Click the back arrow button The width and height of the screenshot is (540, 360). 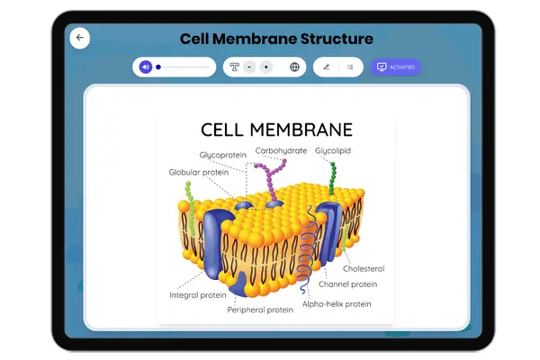point(80,38)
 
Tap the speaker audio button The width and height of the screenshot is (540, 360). point(146,67)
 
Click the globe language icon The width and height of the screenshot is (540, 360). point(294,67)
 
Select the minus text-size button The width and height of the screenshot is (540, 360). point(249,67)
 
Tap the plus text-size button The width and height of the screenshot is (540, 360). point(265,67)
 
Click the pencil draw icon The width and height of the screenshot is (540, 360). point(326,67)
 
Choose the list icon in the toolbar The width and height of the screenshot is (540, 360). point(350,67)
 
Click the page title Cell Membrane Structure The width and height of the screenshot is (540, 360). point(276,39)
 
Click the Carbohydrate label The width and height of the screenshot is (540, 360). point(281,150)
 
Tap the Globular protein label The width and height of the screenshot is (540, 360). point(198,172)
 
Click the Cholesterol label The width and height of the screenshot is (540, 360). point(364,268)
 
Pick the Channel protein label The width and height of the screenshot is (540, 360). point(347,284)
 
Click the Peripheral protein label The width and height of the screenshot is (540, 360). point(260,310)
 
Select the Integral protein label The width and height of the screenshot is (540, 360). point(198,294)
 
